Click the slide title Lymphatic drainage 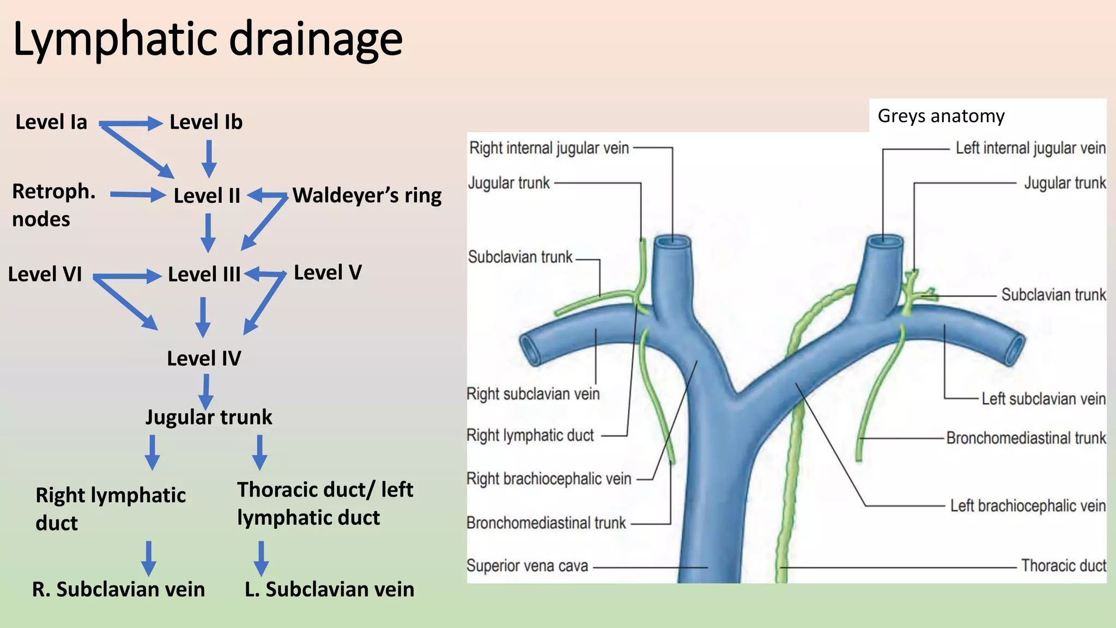pyautogui.click(x=207, y=39)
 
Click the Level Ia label pyautogui.click(x=51, y=122)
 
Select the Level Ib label pyautogui.click(x=206, y=122)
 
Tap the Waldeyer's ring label pyautogui.click(x=367, y=195)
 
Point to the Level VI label pyautogui.click(x=45, y=274)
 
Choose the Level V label pyautogui.click(x=327, y=273)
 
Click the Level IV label pyautogui.click(x=204, y=359)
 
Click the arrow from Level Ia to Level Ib pyautogui.click(x=131, y=123)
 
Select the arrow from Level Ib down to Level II pyautogui.click(x=209, y=158)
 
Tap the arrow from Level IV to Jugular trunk pyautogui.click(x=206, y=391)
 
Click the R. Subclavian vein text pyautogui.click(x=118, y=589)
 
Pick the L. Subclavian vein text pyautogui.click(x=329, y=589)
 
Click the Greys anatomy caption pyautogui.click(x=941, y=116)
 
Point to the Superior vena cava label pyautogui.click(x=527, y=566)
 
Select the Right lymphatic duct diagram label pyautogui.click(x=530, y=436)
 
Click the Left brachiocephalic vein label pyautogui.click(x=1028, y=506)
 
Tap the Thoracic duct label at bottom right pyautogui.click(x=1063, y=566)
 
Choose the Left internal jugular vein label pyautogui.click(x=1030, y=148)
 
